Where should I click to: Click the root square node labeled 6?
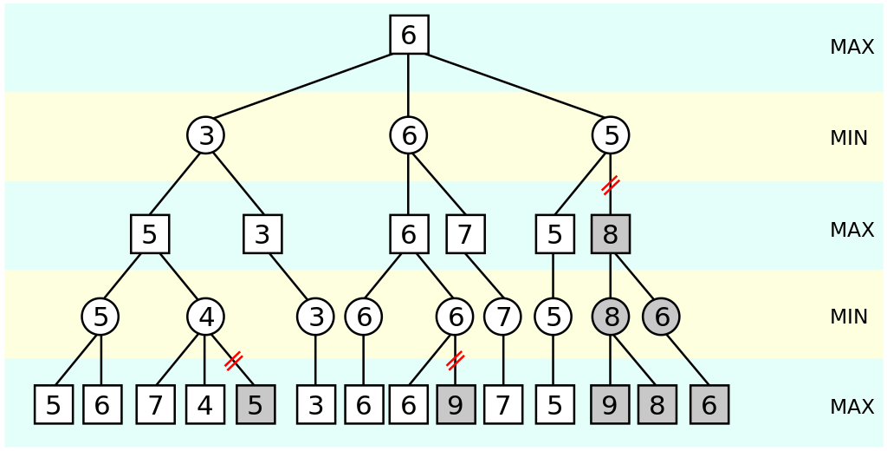(409, 35)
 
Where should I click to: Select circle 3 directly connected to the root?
(205, 135)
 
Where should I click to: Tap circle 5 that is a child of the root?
(611, 135)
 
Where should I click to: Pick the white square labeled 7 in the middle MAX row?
(465, 234)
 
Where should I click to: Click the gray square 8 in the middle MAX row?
(611, 234)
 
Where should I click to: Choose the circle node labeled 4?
(205, 317)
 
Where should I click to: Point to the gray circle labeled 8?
(611, 317)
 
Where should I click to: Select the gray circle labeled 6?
(661, 317)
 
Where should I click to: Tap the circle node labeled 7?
(502, 317)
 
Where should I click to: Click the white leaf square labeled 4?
(205, 405)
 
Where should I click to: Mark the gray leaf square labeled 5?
(256, 405)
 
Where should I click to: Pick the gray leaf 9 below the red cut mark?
(456, 405)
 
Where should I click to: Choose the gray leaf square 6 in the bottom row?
(709, 405)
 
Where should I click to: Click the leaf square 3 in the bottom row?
(315, 405)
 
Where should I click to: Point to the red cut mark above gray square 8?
(611, 184)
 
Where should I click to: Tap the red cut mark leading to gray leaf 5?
(233, 361)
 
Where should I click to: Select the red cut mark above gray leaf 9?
(456, 360)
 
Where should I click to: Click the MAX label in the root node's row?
(851, 48)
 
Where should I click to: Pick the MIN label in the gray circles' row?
(848, 317)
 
